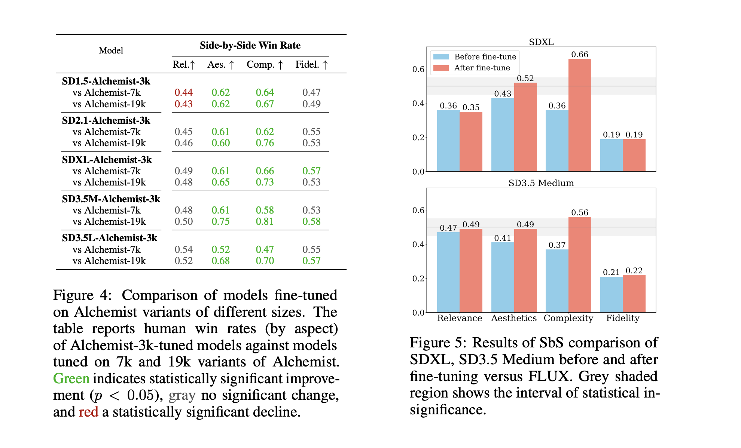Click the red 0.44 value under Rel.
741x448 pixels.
point(183,92)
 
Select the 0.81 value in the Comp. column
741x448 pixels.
point(265,221)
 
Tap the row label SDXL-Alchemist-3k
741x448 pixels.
point(107,160)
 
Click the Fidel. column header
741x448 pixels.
point(311,64)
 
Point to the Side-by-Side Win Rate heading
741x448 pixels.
point(250,45)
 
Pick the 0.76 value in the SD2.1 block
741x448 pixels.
point(265,143)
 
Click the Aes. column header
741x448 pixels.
point(221,64)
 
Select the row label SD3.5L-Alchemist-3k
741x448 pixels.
point(109,238)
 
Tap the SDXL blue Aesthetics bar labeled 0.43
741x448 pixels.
point(502,135)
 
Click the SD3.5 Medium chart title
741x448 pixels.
point(541,183)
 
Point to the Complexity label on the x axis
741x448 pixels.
point(568,318)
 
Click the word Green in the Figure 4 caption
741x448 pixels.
point(71,378)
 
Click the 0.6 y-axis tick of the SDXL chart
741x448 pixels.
point(418,69)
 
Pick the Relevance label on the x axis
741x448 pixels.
point(459,318)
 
